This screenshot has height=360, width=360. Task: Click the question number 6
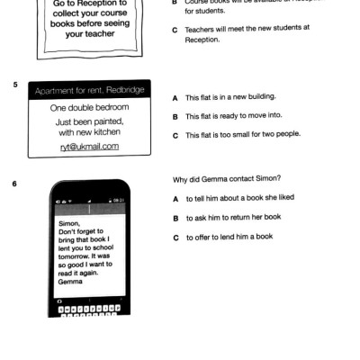(x=14, y=184)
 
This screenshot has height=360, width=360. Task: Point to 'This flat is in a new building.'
(x=230, y=96)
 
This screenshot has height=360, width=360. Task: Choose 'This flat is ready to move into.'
(x=231, y=116)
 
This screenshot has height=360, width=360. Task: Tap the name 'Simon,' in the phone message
(x=68, y=220)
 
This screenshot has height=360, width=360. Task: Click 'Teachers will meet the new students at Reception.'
(x=247, y=31)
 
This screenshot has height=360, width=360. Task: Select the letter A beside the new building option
(x=175, y=96)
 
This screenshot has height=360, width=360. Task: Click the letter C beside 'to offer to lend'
(x=175, y=238)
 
